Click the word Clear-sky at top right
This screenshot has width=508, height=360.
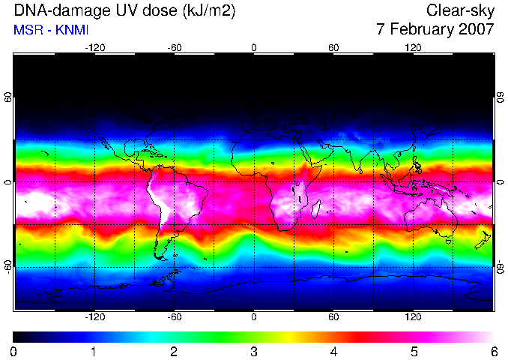coord(460,10)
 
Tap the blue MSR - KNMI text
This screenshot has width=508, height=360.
coord(51,30)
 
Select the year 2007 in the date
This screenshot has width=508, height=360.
coord(477,29)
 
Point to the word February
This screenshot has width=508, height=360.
coord(422,30)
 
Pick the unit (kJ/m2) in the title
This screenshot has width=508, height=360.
coord(208,11)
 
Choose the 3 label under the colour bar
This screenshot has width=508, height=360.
coord(254,352)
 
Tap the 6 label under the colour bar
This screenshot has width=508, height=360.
coord(494,352)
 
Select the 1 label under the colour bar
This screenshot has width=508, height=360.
coord(94,352)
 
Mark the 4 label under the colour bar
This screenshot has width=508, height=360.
coord(334,352)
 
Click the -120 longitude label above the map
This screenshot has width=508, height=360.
coord(95,48)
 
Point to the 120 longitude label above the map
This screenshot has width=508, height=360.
coord(413,48)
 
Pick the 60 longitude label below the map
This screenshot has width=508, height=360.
coord(333,316)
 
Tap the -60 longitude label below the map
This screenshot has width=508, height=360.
coord(175,316)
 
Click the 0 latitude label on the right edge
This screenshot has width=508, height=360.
coord(501,182)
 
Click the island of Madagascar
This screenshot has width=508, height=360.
coord(316,208)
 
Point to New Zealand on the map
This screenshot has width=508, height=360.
coord(483,240)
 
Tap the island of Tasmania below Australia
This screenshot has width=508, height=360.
coord(449,241)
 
